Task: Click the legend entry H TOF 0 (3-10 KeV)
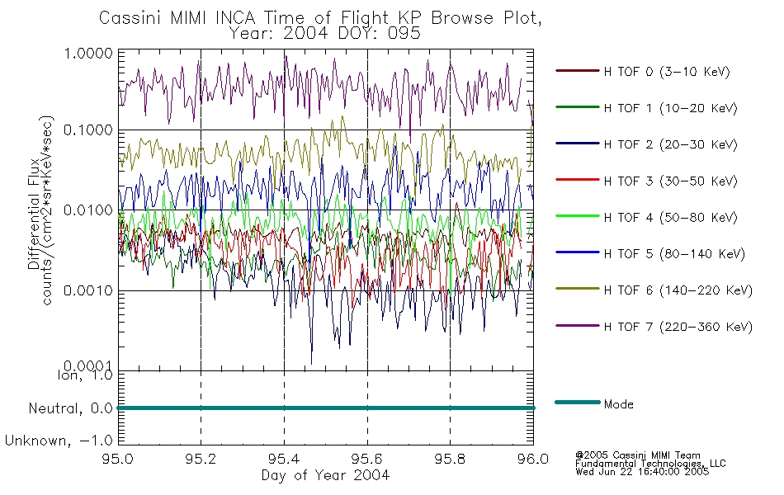point(667,72)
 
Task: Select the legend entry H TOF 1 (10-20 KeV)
point(670,108)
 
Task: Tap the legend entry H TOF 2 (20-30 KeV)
point(670,144)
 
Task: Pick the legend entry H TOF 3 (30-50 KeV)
point(670,181)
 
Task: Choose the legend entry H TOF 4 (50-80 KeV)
point(670,218)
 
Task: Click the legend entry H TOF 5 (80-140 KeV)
point(674,254)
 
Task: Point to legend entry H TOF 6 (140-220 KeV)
point(678,290)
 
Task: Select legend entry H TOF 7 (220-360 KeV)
point(678,327)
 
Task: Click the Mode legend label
point(618,404)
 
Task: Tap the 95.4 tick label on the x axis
point(285,459)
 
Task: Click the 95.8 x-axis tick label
point(451,459)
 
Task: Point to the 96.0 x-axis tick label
point(533,459)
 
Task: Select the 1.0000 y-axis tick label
point(88,53)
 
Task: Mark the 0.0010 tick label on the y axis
point(88,290)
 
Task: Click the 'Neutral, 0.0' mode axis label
point(70,408)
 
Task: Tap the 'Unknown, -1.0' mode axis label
point(59,441)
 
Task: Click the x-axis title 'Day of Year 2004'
point(325,475)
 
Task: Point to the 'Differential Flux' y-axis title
point(34,214)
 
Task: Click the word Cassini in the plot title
point(130,18)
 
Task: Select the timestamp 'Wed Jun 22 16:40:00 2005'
point(642,472)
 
